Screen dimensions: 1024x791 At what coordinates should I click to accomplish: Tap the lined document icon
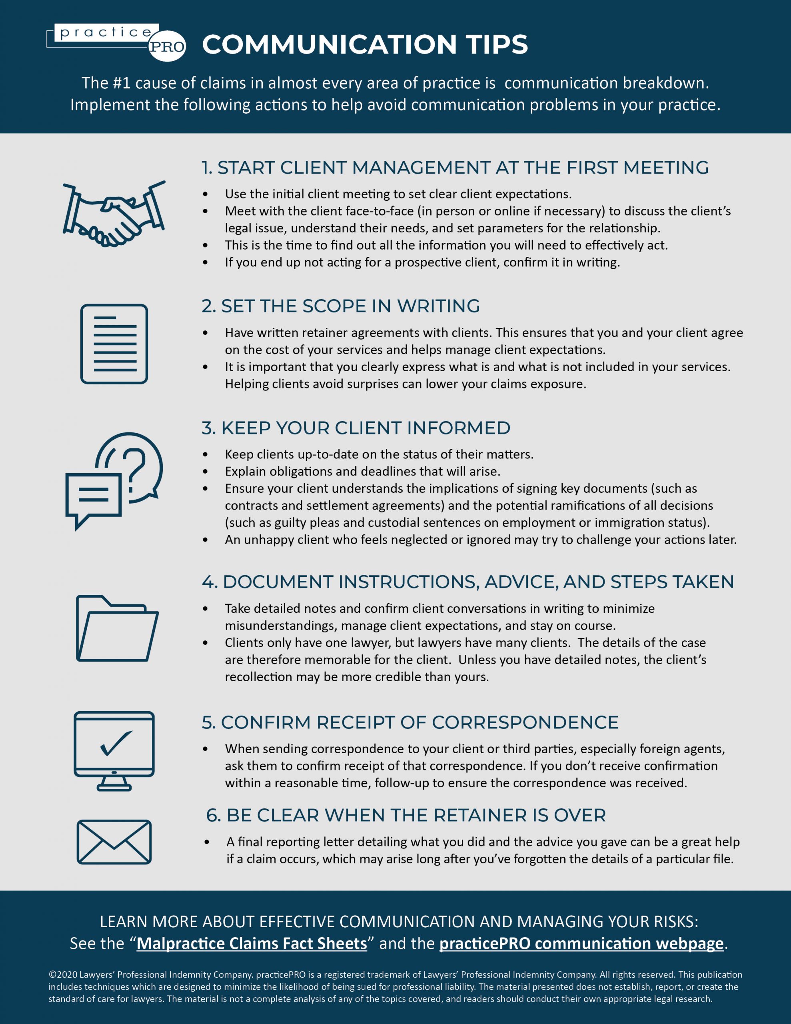tap(114, 344)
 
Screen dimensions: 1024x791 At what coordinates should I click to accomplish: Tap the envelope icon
tap(114, 842)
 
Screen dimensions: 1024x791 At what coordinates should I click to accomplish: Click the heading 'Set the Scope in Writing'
tap(340, 306)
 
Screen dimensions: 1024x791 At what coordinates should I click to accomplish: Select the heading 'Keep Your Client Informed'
tap(356, 428)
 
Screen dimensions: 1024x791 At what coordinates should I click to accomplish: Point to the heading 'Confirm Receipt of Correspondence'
tap(410, 722)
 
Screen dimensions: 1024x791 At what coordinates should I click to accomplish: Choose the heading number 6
tap(213, 815)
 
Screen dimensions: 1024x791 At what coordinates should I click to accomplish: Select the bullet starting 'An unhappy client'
tap(481, 540)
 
